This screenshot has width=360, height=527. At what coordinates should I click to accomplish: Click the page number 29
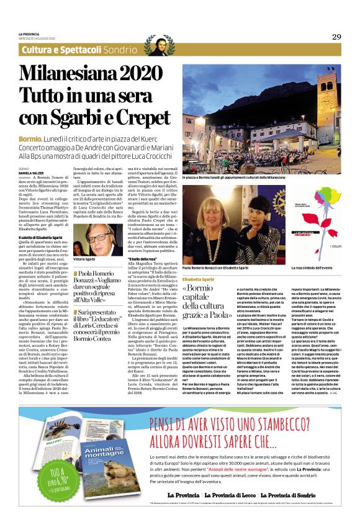click(336, 37)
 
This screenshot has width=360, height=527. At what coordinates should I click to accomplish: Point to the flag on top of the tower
click(340, 64)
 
